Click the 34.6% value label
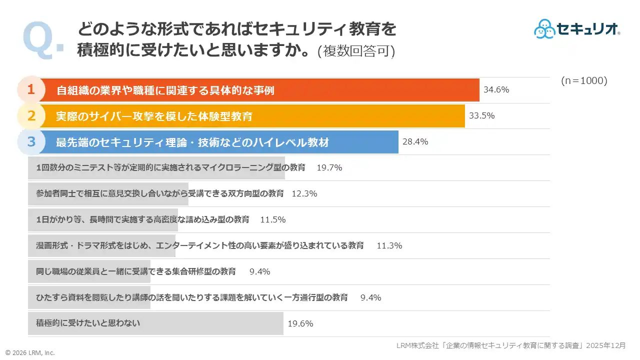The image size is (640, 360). coord(496,90)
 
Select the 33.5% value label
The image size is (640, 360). coord(481,116)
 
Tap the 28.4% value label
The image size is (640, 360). coord(415,142)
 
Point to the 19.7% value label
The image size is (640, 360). coord(329,168)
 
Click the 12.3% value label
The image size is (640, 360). coord(304,194)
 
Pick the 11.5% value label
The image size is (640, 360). coord(273,220)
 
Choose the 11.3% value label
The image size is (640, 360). coord(389,246)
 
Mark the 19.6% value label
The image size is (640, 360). coord(300,323)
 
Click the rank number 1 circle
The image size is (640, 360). coord(31,90)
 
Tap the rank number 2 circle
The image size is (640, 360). coord(31,116)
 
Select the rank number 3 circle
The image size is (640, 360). coord(31,142)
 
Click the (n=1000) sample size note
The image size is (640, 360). coord(584,81)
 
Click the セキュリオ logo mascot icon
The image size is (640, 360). coord(544,29)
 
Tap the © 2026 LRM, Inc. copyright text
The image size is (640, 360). coord(30,352)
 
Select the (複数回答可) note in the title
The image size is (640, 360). coord(356,51)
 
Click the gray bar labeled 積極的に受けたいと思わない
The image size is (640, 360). coord(155,323)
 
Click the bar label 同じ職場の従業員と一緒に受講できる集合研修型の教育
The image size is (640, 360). coord(136,271)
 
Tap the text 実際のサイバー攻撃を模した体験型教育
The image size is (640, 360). coord(154,116)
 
